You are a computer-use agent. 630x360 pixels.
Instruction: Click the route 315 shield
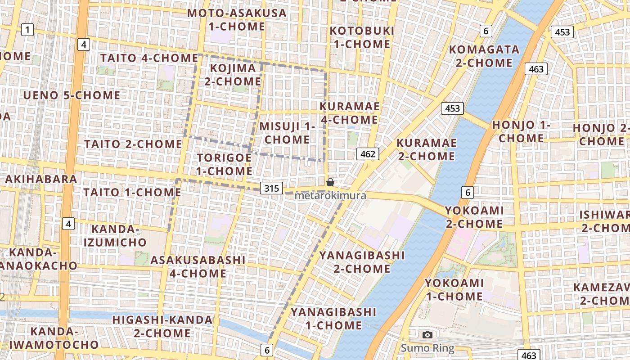point(272,188)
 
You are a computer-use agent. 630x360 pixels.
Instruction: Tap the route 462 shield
point(368,154)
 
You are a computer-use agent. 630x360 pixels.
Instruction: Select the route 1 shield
point(27,30)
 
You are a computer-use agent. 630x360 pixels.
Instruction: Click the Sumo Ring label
point(427,348)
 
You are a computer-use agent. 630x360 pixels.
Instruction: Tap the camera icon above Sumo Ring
point(427,335)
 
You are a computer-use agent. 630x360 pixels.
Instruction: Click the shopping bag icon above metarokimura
point(330,182)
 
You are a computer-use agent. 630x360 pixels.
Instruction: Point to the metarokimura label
point(330,196)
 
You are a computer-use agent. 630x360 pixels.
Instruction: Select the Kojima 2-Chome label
point(233,75)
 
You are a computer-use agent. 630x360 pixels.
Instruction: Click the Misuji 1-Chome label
point(287,133)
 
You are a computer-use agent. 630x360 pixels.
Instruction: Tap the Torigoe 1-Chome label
point(224,164)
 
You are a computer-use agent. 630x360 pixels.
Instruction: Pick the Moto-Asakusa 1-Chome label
point(237,19)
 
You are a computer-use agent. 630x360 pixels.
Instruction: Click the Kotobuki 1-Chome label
point(361,37)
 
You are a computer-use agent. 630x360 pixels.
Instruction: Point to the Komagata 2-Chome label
point(484,56)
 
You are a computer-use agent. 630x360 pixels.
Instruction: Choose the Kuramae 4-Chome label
point(349,113)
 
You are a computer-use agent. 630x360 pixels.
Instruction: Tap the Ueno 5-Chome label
point(72,95)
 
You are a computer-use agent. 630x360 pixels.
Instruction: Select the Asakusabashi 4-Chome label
point(198,266)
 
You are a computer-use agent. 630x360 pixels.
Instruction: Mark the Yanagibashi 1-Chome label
point(333,318)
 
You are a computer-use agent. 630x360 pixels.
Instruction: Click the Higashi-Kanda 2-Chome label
point(162,326)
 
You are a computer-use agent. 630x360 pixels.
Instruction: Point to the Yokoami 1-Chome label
point(454,289)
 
